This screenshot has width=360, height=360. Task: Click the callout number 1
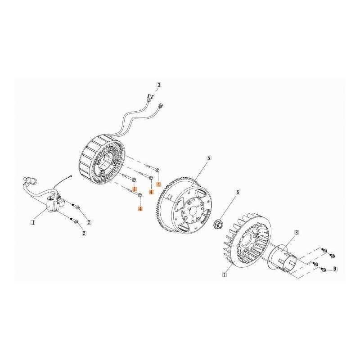click(x=33, y=222)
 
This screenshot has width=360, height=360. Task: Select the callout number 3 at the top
click(x=159, y=85)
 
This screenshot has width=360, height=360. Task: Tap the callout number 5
click(x=209, y=158)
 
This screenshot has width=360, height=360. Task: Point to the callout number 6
click(x=238, y=192)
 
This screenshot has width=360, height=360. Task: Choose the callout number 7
click(x=224, y=274)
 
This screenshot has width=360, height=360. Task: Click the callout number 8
click(x=297, y=232)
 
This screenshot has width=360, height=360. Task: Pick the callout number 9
click(x=335, y=269)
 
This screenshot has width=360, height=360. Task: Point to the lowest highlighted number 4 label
click(x=140, y=208)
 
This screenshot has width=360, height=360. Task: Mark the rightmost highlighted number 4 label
click(x=158, y=184)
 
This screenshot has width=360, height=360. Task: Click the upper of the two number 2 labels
click(x=89, y=222)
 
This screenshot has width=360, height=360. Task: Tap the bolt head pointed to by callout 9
click(x=324, y=270)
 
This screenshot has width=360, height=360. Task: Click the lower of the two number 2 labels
click(x=84, y=233)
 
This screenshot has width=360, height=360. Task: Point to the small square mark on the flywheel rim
click(x=170, y=197)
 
